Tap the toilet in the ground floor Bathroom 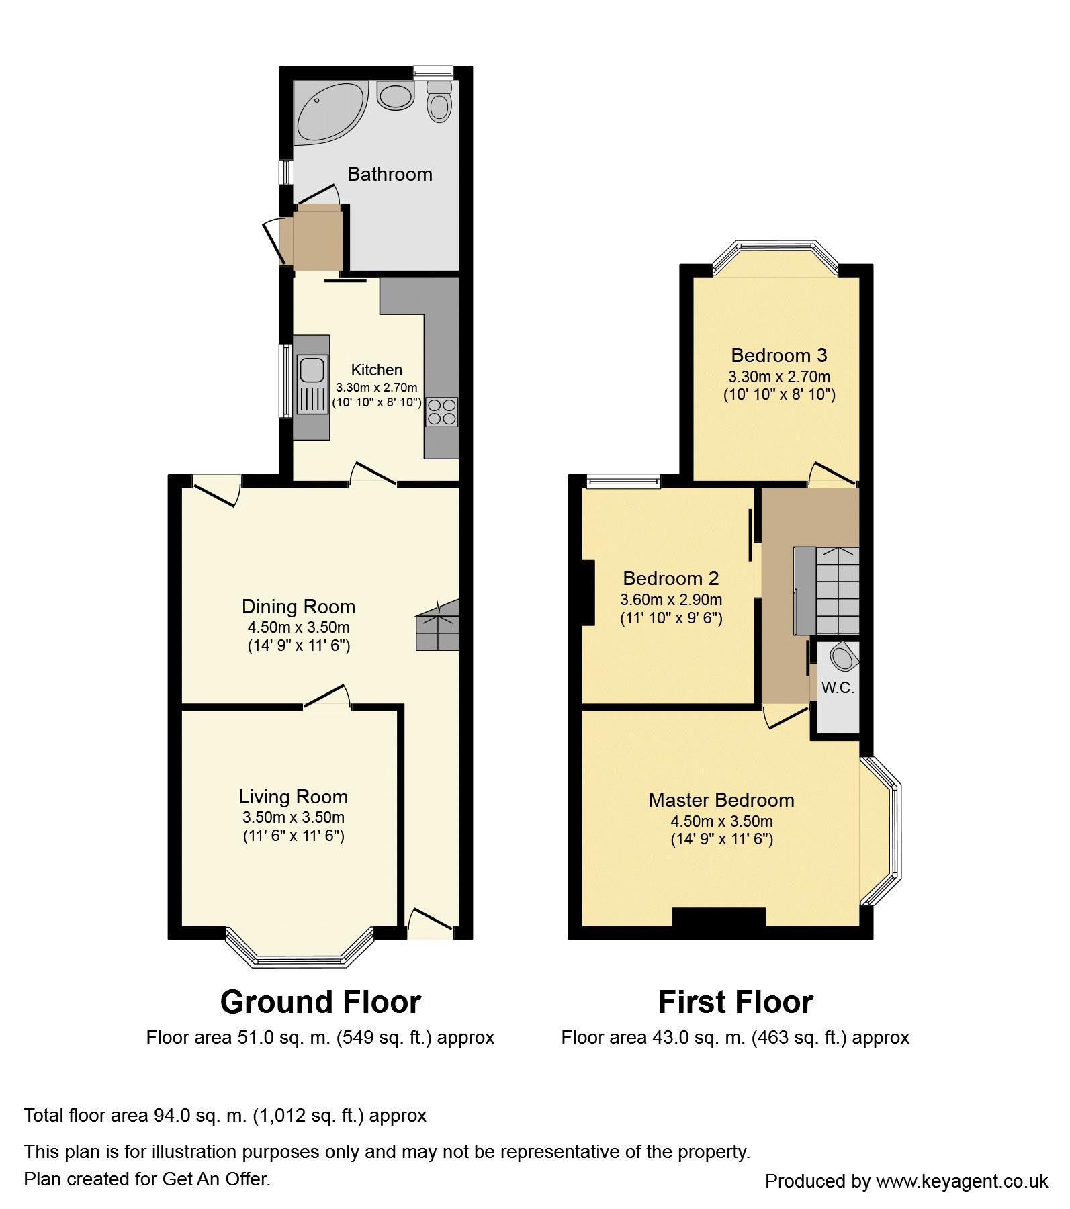coord(439,102)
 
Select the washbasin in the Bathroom coord(395,95)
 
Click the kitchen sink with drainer coord(312,387)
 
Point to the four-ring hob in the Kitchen coord(441,412)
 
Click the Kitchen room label coord(377,370)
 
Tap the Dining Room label coord(298,607)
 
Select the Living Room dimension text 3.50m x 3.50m coord(294,817)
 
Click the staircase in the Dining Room coord(437,625)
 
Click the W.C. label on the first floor coord(838,688)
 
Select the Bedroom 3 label coord(779,355)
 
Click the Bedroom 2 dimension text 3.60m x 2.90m coord(671,600)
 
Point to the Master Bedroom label coord(721,800)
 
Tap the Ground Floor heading coord(320,1003)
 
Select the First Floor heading coord(735,1003)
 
